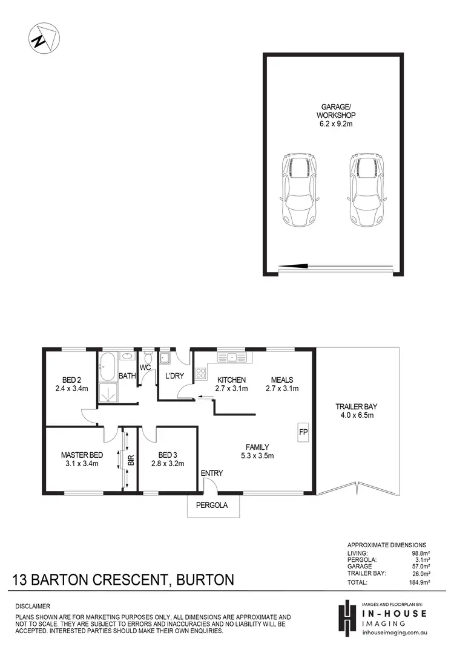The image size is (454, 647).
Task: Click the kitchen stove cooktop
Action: tap(201, 374)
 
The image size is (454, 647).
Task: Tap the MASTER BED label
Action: tap(82, 455)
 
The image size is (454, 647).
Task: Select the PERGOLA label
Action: tap(212, 506)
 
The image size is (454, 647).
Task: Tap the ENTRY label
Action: tap(212, 473)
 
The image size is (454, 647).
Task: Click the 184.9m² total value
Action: tap(418, 582)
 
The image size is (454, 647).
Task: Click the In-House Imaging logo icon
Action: tap(346, 617)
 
